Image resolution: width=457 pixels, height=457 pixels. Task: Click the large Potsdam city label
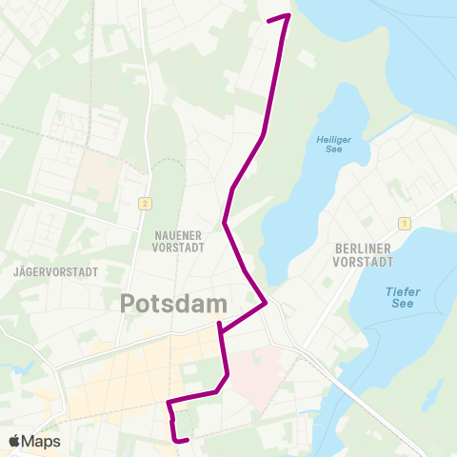(174, 304)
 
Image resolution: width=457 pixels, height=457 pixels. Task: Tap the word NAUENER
(178, 233)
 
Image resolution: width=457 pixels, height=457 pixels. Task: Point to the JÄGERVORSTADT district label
(56, 271)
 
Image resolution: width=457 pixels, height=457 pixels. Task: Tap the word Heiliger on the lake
(333, 140)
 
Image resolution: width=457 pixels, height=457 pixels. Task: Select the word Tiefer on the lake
(403, 291)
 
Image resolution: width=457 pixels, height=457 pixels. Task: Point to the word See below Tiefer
(403, 305)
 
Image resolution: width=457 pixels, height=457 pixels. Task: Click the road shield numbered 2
(145, 203)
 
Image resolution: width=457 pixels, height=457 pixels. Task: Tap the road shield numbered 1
(405, 224)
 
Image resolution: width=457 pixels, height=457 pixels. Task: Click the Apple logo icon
(14, 441)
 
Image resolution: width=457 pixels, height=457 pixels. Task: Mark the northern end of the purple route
(269, 19)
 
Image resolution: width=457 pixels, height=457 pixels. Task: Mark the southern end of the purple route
(189, 439)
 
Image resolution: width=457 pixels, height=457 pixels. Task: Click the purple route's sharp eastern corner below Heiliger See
(266, 304)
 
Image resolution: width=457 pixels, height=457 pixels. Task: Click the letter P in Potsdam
(129, 304)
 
